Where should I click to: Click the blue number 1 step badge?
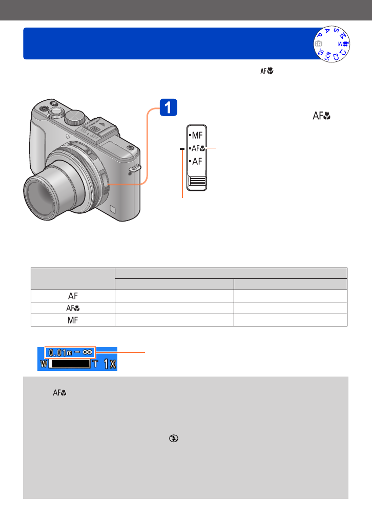pyautogui.click(x=168, y=107)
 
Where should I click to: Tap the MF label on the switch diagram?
pyautogui.click(x=197, y=136)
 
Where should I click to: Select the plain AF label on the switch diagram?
pyautogui.click(x=197, y=161)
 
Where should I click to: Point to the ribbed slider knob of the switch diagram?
pyautogui.click(x=197, y=182)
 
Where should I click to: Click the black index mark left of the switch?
pyautogui.click(x=182, y=148)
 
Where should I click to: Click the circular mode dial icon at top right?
pyautogui.click(x=332, y=44)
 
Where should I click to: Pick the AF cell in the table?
pyautogui.click(x=73, y=296)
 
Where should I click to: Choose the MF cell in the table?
pyautogui.click(x=73, y=320)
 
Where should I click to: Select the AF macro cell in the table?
pyautogui.click(x=73, y=308)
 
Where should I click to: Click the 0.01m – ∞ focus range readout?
pyautogui.click(x=70, y=353)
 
